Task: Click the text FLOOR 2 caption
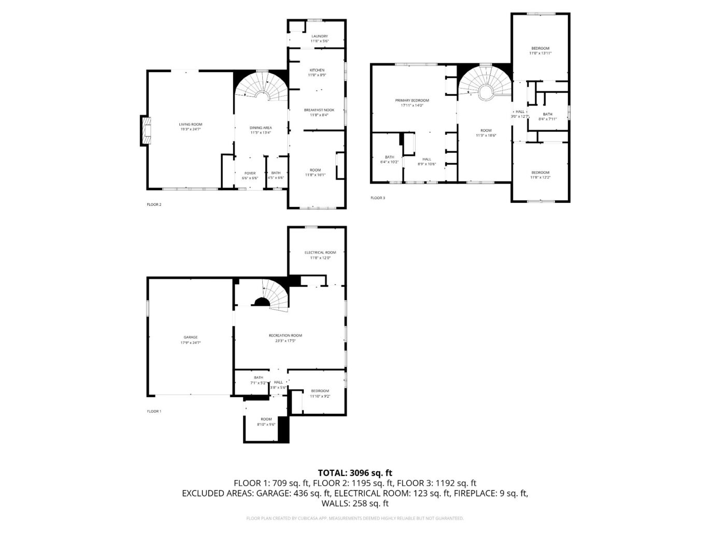(x=154, y=204)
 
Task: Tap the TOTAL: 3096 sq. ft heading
(x=354, y=472)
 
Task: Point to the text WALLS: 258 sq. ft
(x=354, y=503)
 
